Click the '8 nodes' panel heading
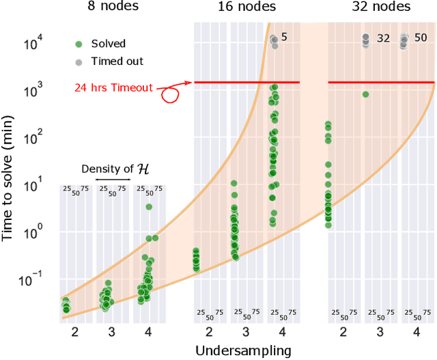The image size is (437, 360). (112, 8)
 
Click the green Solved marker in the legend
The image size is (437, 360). (79, 44)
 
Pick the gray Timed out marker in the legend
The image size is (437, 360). (79, 61)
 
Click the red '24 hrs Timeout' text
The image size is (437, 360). (113, 87)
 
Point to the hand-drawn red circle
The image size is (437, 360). (170, 94)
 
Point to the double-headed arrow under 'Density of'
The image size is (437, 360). (113, 180)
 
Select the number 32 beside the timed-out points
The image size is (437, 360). (383, 38)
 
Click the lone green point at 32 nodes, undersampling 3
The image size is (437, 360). (365, 94)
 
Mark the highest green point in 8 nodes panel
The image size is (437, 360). (148, 207)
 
